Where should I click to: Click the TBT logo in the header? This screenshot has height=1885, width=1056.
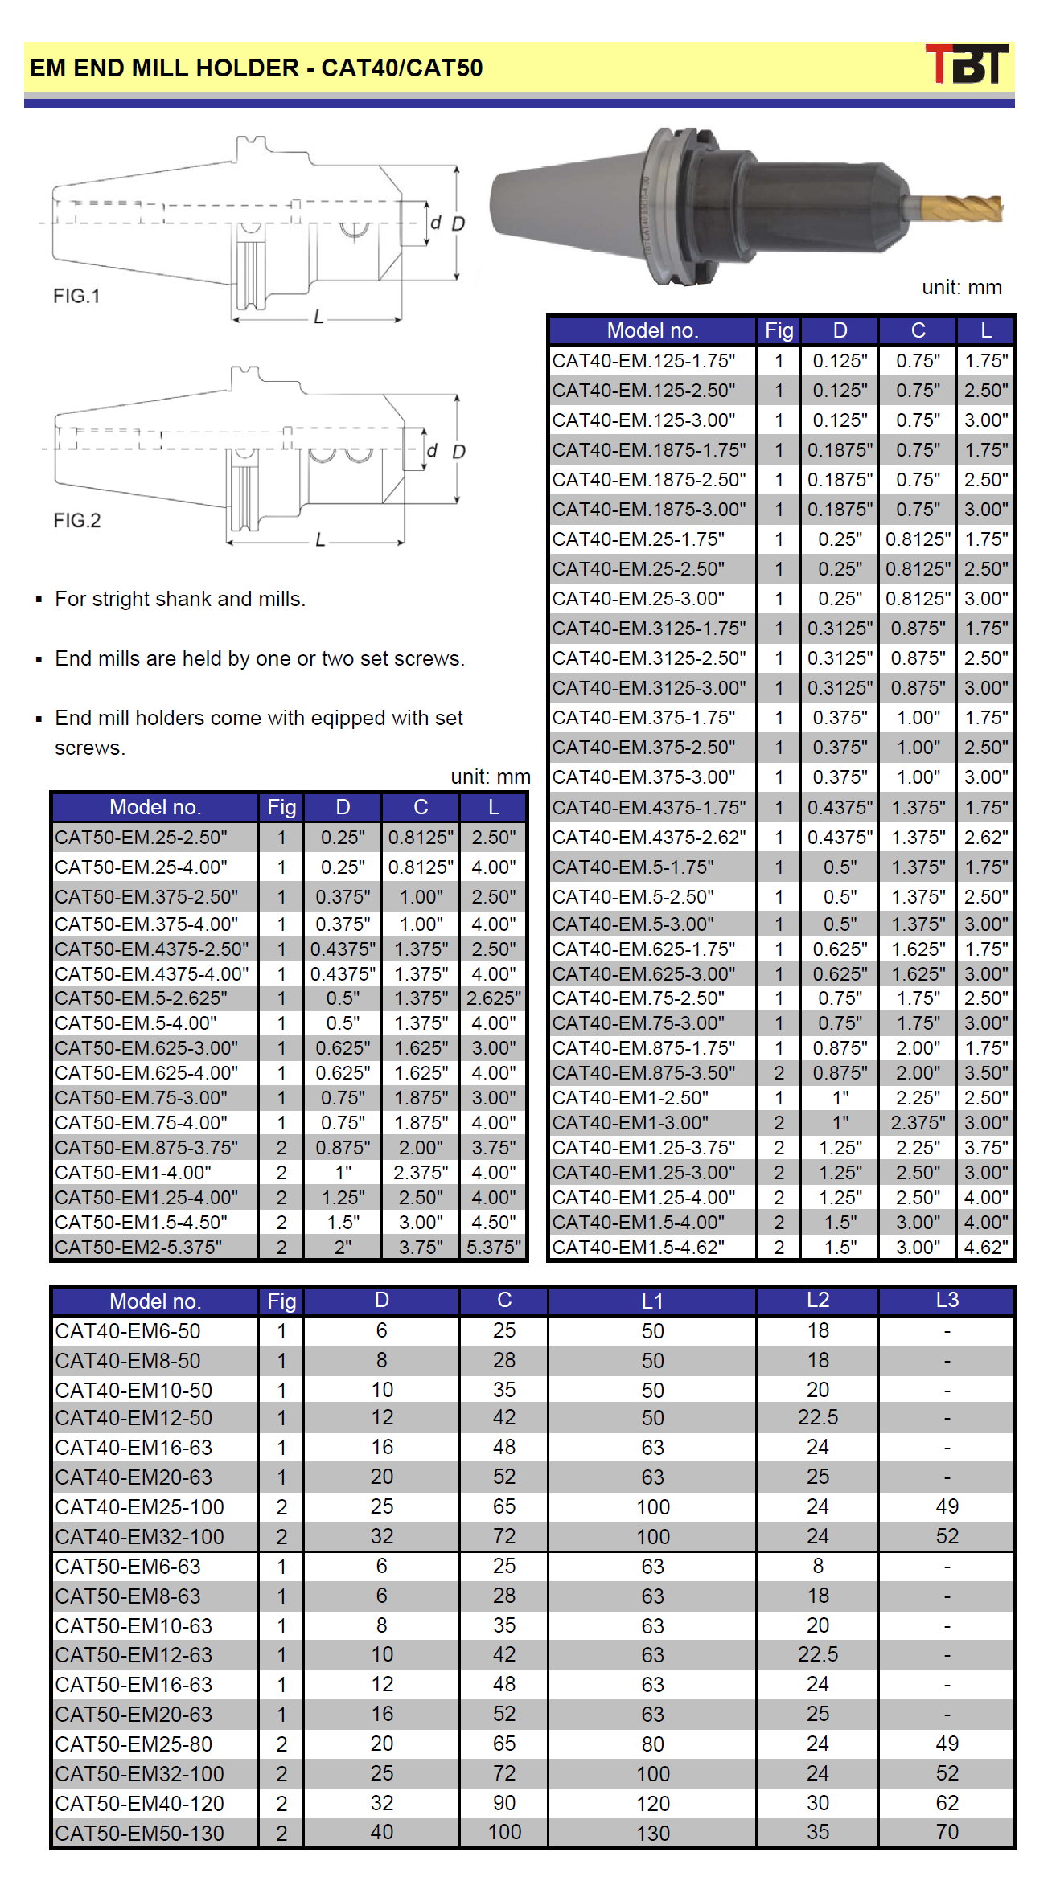point(967,64)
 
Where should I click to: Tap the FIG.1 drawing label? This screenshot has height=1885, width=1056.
point(76,296)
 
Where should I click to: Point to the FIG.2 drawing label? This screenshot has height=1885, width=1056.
point(77,520)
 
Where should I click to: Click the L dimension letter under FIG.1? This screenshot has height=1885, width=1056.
point(318,318)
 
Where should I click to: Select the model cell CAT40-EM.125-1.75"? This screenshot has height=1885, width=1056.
point(643,361)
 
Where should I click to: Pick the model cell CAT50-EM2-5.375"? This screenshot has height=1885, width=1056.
point(138,1247)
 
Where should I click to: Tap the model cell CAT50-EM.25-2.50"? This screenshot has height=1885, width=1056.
point(141,838)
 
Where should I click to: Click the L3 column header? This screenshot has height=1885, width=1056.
point(947,1300)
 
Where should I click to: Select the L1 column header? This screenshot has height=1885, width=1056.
point(652,1301)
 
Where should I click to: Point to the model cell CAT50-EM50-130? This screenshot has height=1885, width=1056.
point(139,1833)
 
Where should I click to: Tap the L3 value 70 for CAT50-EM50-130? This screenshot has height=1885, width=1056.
point(947,1832)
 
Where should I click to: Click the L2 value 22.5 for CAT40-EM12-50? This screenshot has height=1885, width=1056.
point(817,1417)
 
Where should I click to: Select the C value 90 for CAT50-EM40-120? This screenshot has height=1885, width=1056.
point(504,1803)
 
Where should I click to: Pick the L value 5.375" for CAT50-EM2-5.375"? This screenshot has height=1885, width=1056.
point(494,1247)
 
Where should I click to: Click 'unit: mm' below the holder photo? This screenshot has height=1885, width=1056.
point(961,287)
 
